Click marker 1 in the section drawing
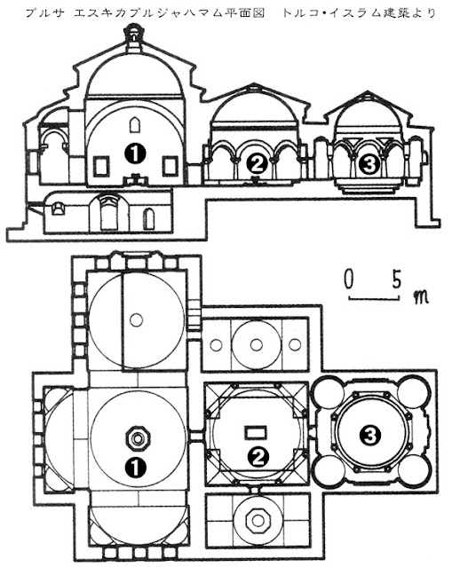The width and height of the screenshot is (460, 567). click(135, 154)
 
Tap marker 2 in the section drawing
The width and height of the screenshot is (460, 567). click(257, 165)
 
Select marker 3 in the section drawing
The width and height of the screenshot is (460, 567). click(369, 165)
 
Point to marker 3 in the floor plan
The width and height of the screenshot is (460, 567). click(370, 436)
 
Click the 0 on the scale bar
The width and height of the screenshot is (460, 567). click(348, 279)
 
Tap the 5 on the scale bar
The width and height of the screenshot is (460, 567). click(397, 279)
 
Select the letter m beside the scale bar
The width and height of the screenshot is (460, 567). click(420, 297)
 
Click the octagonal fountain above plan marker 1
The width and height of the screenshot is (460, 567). click(138, 438)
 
